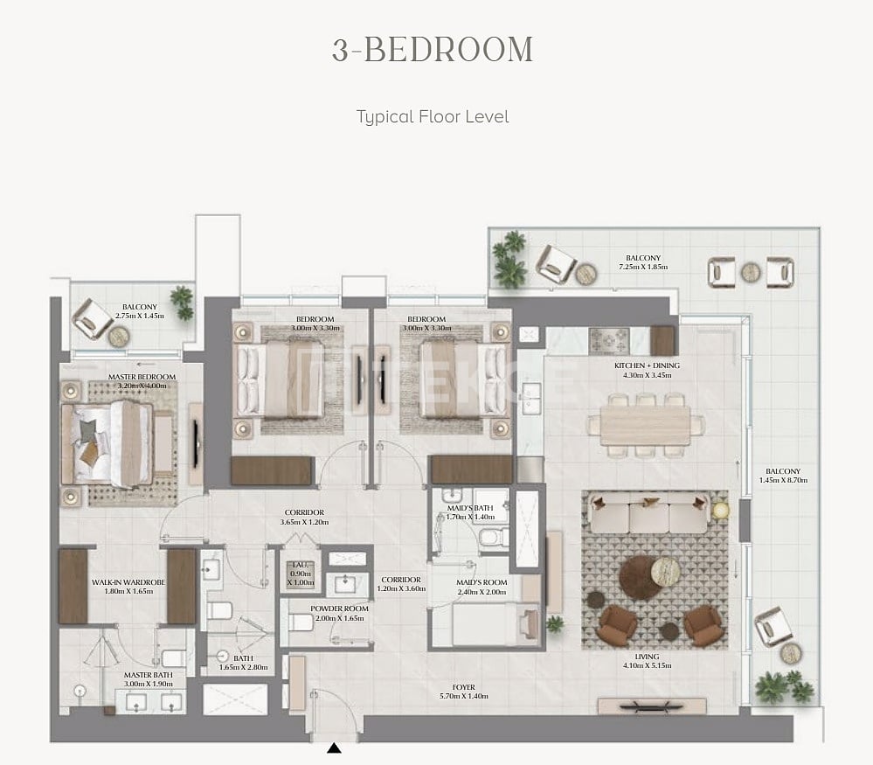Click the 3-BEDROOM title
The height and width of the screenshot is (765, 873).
(432, 50)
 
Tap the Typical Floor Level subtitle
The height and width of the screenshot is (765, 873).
(432, 116)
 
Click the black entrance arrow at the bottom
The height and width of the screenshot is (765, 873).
(334, 748)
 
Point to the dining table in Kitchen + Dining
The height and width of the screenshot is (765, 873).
(646, 425)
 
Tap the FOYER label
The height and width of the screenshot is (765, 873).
(463, 688)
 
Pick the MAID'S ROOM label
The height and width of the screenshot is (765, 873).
(482, 581)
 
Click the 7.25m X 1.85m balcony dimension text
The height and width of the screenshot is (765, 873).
(643, 267)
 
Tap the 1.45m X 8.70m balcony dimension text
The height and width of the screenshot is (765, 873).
(779, 481)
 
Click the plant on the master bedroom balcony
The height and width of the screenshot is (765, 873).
(182, 302)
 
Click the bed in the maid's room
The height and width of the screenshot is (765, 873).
(485, 624)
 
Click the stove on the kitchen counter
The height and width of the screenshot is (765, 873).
(608, 339)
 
